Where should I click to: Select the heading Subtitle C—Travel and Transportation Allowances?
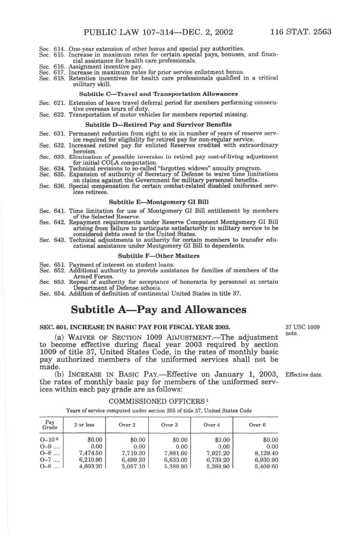[x=158, y=94]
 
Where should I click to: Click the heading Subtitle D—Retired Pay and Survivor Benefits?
[x=158, y=125]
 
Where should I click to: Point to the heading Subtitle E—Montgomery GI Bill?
[x=158, y=202]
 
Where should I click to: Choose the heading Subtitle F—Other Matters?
[x=158, y=256]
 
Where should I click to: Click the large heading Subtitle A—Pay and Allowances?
[x=159, y=309]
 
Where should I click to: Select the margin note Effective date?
[x=303, y=375]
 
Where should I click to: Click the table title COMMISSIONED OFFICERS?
[x=158, y=401]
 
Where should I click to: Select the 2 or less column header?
[x=84, y=425]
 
